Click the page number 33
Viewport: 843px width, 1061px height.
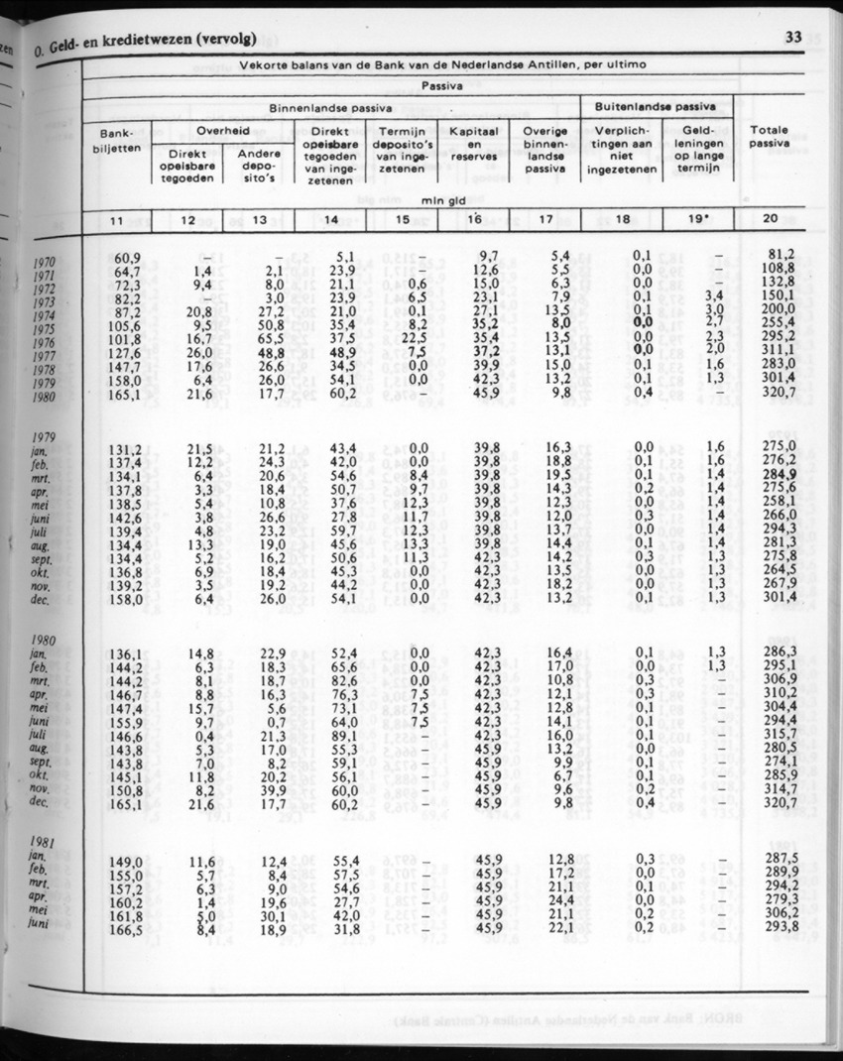[792, 38]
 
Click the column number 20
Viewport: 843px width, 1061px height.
[771, 218]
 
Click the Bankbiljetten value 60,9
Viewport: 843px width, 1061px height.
[126, 257]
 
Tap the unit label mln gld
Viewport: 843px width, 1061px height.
[436, 199]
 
